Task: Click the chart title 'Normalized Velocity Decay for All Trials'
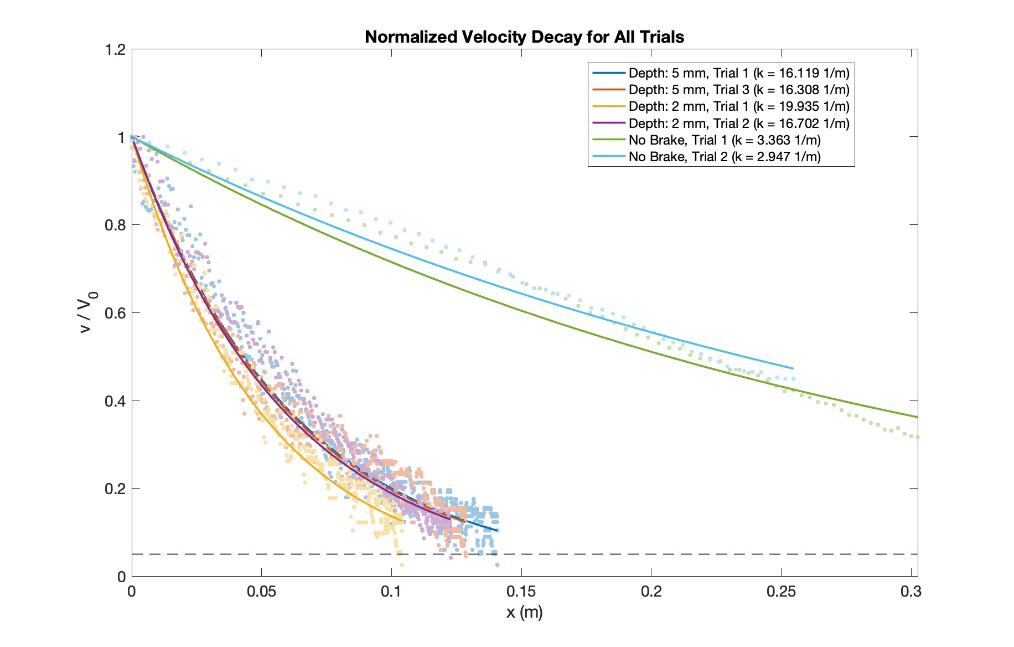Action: pyautogui.click(x=524, y=37)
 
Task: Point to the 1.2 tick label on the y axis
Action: pyautogui.click(x=115, y=50)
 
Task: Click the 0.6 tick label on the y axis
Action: pyautogui.click(x=115, y=313)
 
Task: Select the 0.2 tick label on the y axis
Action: pyautogui.click(x=115, y=489)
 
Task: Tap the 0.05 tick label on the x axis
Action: pyautogui.click(x=261, y=592)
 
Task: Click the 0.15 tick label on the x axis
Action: pyautogui.click(x=521, y=592)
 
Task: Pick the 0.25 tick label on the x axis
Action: pyautogui.click(x=781, y=592)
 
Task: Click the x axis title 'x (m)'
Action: pyautogui.click(x=524, y=612)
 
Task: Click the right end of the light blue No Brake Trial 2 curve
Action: pyautogui.click(x=793, y=368)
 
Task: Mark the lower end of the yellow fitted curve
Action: pyautogui.click(x=402, y=520)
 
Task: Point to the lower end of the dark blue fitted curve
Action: pyautogui.click(x=498, y=531)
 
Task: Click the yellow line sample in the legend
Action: pyautogui.click(x=608, y=106)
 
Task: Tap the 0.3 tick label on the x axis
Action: pyautogui.click(x=910, y=592)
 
